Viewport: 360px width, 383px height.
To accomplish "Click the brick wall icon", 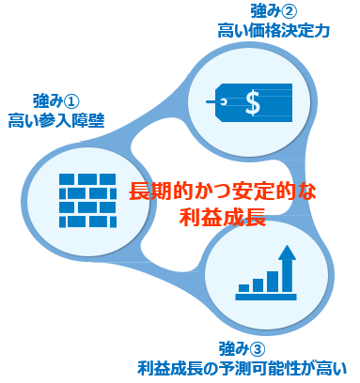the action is (84, 198).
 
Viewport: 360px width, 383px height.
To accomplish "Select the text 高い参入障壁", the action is (55, 120).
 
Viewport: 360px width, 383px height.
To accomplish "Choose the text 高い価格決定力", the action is (274, 32).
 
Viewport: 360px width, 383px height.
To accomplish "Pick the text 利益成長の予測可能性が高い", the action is (243, 366).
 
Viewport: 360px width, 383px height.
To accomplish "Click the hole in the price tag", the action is (223, 97).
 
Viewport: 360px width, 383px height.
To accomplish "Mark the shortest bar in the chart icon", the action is (243, 286).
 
